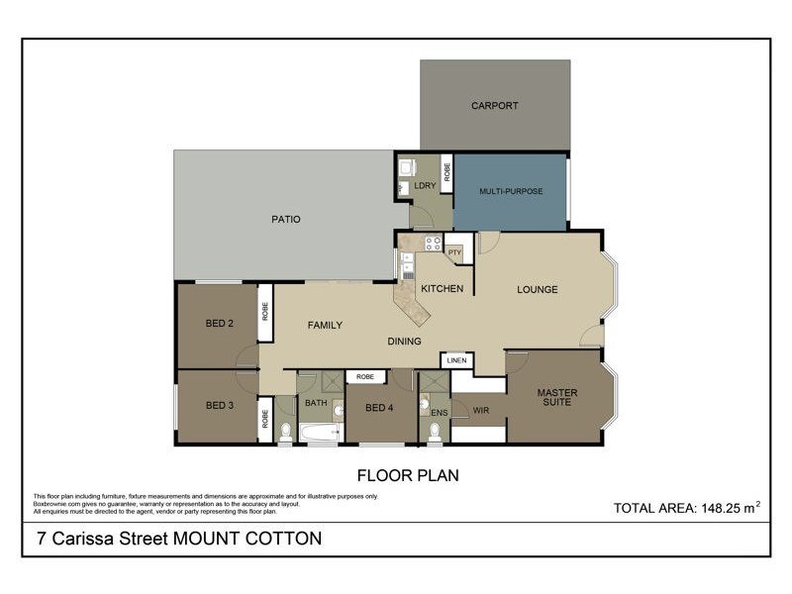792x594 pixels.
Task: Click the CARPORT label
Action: point(495,106)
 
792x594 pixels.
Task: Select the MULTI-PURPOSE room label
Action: point(511,191)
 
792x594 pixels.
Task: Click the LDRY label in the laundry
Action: point(426,186)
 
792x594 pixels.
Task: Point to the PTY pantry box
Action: point(455,252)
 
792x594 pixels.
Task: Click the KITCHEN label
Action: point(442,289)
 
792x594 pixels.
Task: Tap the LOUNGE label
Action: point(538,290)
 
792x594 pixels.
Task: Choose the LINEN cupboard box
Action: point(456,360)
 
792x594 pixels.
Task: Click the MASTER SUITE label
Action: point(557,398)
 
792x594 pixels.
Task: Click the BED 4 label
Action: point(380,408)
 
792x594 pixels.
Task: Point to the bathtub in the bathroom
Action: point(319,433)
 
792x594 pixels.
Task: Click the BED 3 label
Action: point(220,406)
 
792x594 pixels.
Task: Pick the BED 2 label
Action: point(220,323)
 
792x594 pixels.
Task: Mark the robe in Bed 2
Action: point(265,314)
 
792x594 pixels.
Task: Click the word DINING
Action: point(404,342)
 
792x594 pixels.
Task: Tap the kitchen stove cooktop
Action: point(433,242)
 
